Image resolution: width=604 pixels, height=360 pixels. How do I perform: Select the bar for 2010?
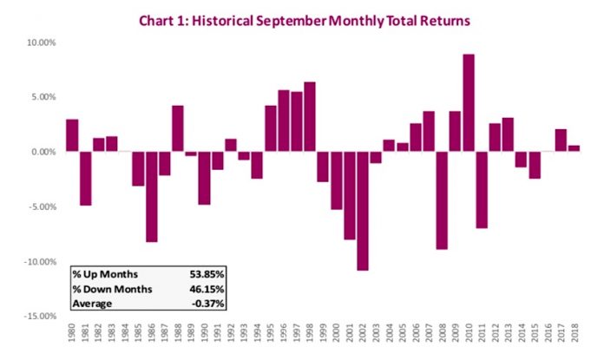tap(469, 103)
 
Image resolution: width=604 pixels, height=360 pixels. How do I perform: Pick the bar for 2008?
tap(442, 200)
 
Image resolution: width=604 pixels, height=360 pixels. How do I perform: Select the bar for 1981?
tap(85, 179)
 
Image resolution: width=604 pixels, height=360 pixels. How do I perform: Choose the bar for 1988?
tap(178, 128)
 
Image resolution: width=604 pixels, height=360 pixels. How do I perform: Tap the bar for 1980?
tap(72, 135)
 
